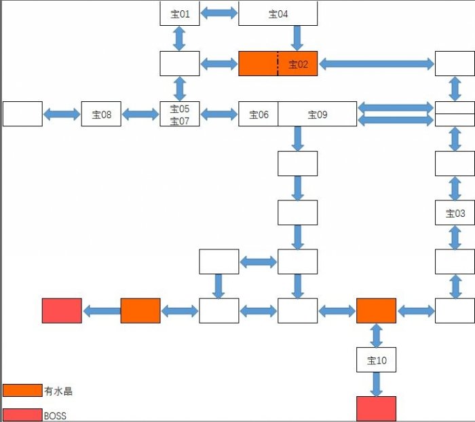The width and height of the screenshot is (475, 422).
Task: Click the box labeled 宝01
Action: pyautogui.click(x=180, y=14)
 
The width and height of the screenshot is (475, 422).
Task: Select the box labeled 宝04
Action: pyautogui.click(x=278, y=14)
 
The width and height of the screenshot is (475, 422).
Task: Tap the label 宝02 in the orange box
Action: pyautogui.click(x=299, y=65)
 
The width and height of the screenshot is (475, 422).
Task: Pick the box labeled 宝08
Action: pyautogui.click(x=101, y=114)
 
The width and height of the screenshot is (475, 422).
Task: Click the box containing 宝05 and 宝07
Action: pyautogui.click(x=180, y=114)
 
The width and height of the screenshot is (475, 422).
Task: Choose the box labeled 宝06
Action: pyautogui.click(x=259, y=114)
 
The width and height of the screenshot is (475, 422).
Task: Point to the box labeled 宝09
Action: pyautogui.click(x=318, y=114)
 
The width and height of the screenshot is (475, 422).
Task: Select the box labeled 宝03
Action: pyautogui.click(x=455, y=213)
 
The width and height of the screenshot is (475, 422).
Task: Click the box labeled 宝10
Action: pyautogui.click(x=377, y=360)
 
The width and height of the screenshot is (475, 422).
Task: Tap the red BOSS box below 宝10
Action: pyautogui.click(x=377, y=408)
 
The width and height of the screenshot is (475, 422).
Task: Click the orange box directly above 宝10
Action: pyautogui.click(x=377, y=311)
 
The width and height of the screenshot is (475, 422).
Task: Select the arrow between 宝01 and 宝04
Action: pyautogui.click(x=219, y=13)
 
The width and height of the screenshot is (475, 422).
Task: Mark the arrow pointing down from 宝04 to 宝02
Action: pyautogui.click(x=297, y=38)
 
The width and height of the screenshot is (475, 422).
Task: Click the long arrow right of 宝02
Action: pyautogui.click(x=377, y=64)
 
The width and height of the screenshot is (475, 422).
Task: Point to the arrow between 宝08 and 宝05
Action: pyautogui.click(x=140, y=114)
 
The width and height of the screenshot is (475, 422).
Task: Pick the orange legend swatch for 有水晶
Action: pyautogui.click(x=22, y=390)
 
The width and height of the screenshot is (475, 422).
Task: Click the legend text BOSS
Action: pyautogui.click(x=55, y=415)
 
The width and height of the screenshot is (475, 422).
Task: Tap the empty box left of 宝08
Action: pyautogui.click(x=22, y=114)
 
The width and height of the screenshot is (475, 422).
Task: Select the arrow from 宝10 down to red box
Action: pyautogui.click(x=377, y=384)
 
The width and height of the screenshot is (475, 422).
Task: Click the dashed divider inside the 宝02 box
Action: pyautogui.click(x=278, y=63)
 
